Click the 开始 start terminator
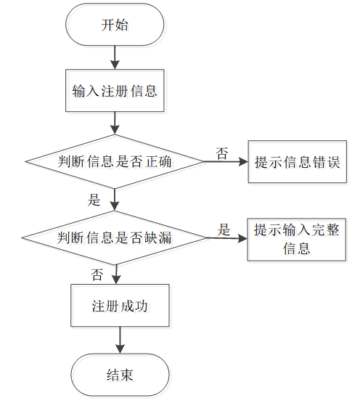(x=115, y=25)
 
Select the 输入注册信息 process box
(x=115, y=91)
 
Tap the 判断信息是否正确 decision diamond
(x=115, y=161)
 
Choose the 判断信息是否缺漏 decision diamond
(x=115, y=237)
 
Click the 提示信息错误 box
(x=298, y=162)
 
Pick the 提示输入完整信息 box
(x=297, y=240)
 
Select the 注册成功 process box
(x=120, y=306)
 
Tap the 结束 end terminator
(x=120, y=375)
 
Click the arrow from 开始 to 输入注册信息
(x=115, y=57)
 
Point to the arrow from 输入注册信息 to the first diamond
(x=115, y=123)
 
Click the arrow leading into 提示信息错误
(x=226, y=162)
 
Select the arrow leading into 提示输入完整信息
(x=227, y=238)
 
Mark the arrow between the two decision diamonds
(x=115, y=200)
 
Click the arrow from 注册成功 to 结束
(x=120, y=340)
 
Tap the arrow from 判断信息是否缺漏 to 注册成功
(x=116, y=275)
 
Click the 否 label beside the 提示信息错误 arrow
(x=222, y=153)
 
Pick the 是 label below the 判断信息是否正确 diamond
(x=94, y=200)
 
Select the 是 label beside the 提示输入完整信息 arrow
(x=224, y=230)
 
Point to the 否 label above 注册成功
(x=97, y=275)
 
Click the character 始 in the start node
(x=121, y=25)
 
